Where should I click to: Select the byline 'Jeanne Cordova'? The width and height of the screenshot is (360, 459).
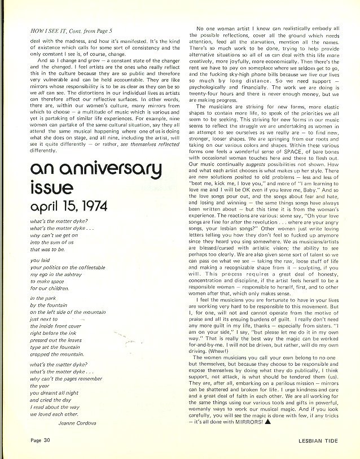click(77, 421)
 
